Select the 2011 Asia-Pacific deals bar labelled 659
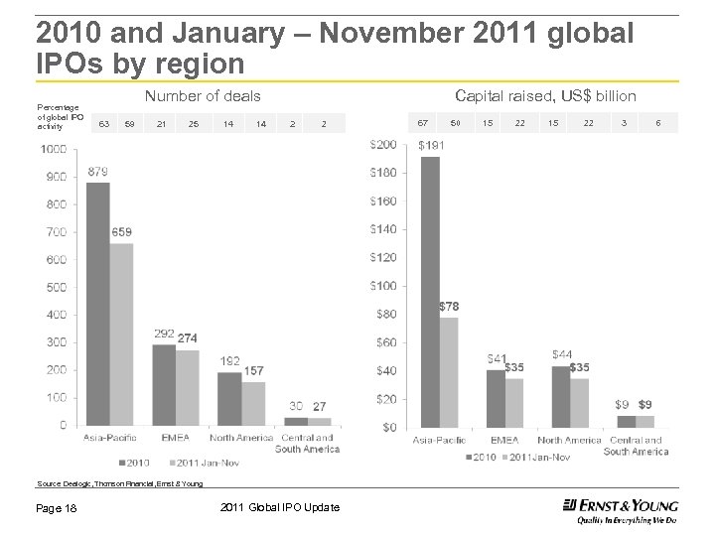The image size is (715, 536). click(121, 334)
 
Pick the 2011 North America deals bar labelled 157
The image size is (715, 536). click(253, 403)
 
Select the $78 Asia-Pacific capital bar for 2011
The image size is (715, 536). click(449, 372)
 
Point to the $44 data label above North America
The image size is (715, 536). click(561, 354)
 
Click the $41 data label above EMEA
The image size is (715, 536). click(497, 358)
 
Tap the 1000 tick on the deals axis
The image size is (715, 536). click(54, 149)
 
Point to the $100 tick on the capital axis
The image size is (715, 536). click(383, 286)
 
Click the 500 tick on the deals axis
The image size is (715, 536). click(56, 287)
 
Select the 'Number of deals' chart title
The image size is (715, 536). click(203, 96)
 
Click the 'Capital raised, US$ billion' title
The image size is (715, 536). click(545, 95)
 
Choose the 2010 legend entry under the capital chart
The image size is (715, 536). click(481, 457)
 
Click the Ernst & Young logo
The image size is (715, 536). click(620, 508)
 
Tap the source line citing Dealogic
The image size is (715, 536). click(119, 483)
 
